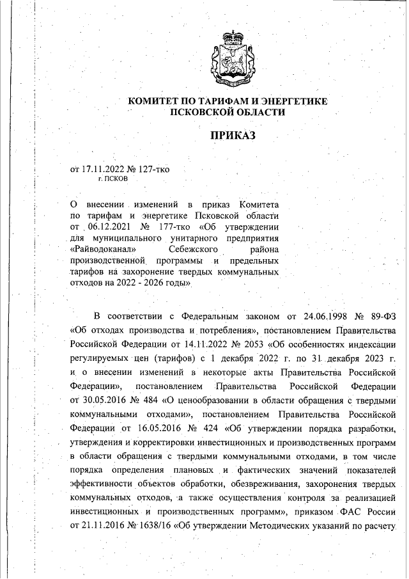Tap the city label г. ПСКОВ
(x=112, y=179)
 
